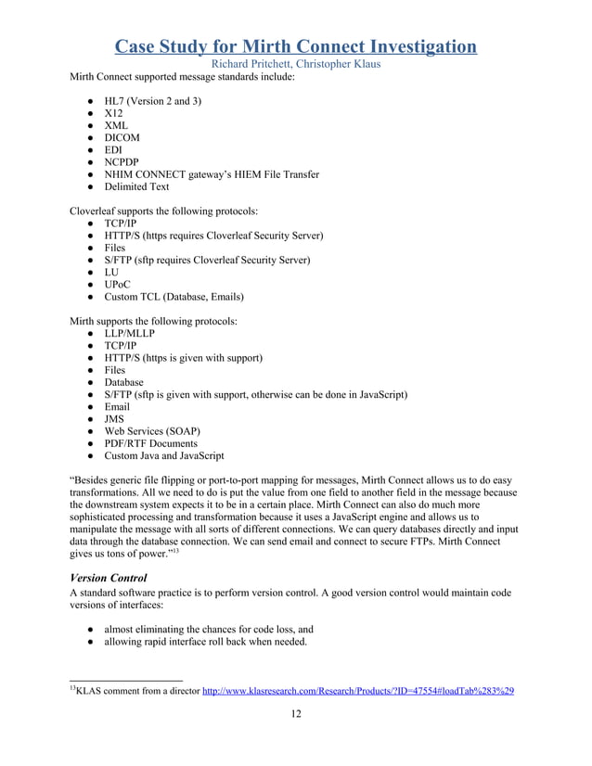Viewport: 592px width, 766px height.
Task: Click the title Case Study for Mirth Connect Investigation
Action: pyautogui.click(x=296, y=45)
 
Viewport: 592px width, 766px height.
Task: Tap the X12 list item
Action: pyautogui.click(x=113, y=112)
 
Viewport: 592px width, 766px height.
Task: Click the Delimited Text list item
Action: pyautogui.click(x=136, y=186)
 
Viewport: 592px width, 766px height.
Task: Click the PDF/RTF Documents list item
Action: pyautogui.click(x=150, y=443)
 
